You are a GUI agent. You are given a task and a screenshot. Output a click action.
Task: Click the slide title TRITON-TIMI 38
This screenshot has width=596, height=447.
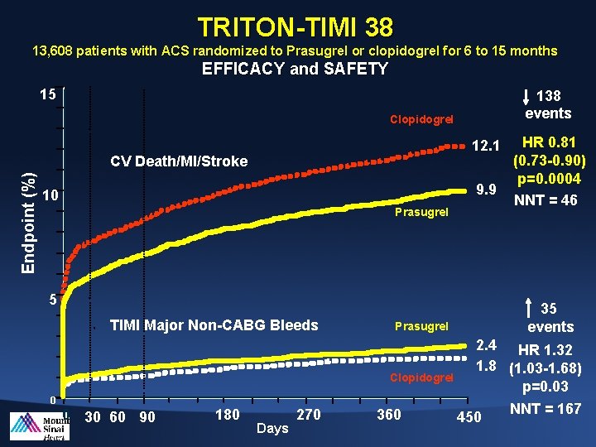296,28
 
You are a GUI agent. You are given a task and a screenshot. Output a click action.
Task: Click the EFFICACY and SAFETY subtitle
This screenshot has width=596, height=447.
295,69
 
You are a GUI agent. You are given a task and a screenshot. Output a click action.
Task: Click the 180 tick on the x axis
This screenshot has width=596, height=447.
228,414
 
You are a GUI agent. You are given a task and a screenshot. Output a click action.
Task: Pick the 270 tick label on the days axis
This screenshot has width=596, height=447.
308,414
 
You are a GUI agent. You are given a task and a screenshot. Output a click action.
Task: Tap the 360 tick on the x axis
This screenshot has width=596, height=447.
388,414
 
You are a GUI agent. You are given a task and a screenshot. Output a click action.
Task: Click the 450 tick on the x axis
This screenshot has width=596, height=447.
469,416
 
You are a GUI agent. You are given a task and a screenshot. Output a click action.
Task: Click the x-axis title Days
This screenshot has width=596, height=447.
272,428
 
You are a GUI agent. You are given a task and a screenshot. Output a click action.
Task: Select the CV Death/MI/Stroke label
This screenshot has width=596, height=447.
179,161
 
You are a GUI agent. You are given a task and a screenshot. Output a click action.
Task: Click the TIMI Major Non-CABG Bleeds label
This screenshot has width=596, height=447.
214,324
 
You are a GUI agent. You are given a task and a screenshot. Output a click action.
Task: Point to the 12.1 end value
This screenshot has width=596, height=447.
485,147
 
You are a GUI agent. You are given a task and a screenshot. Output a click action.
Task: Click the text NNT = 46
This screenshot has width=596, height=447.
546,199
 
